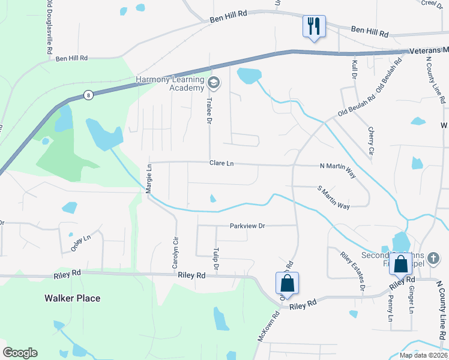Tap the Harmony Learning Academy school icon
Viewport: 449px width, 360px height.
(213, 82)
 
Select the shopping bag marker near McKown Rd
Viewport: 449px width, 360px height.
(288, 283)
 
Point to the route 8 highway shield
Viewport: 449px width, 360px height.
(88, 95)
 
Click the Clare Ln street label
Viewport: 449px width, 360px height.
(221, 163)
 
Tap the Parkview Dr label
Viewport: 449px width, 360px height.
(247, 226)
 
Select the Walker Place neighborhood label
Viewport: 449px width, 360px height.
(72, 298)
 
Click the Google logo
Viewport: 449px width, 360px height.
(20, 353)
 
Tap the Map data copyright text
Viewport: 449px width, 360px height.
(423, 355)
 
